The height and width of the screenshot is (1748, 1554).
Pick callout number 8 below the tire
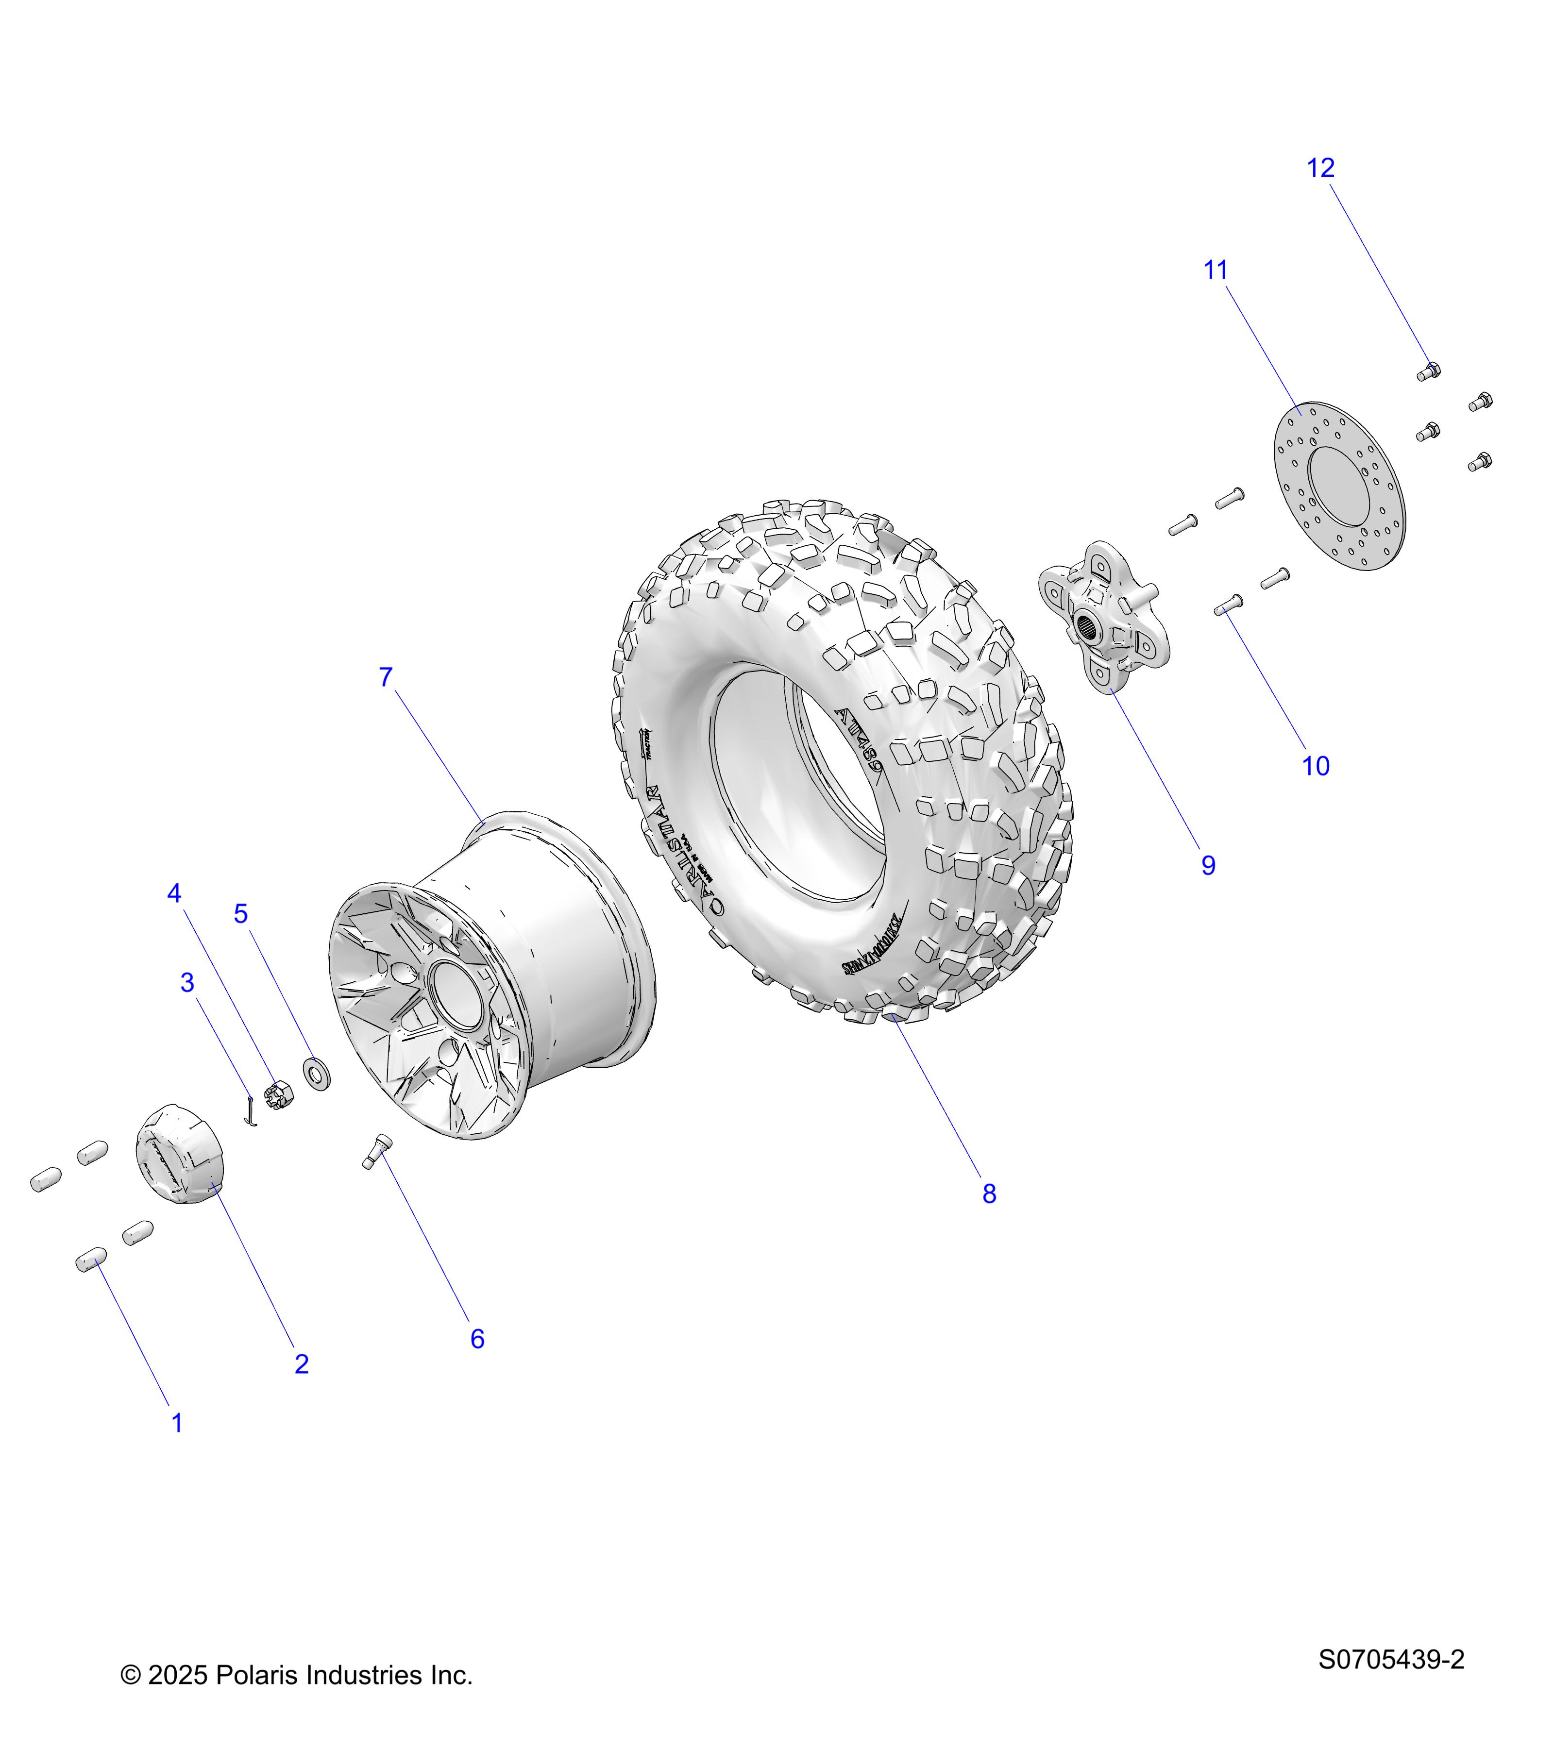pos(989,1194)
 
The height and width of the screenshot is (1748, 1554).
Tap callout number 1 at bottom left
pos(177,1423)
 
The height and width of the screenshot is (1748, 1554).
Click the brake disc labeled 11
pos(1339,486)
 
